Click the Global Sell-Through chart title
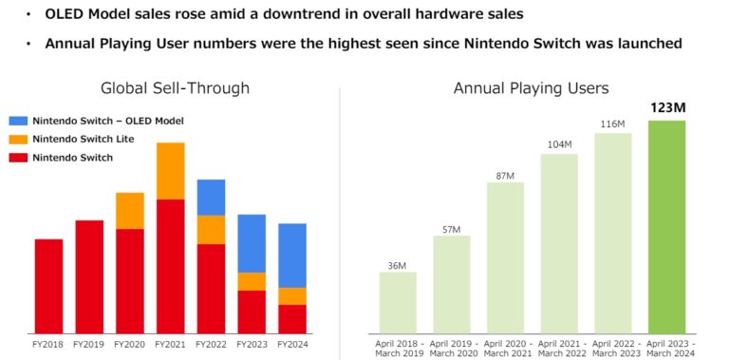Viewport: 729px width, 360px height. tap(175, 88)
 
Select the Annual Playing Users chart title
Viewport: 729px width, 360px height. tap(531, 88)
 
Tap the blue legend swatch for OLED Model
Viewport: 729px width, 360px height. tap(18, 121)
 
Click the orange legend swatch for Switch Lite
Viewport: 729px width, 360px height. tap(18, 139)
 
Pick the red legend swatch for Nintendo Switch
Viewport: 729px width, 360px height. tap(18, 157)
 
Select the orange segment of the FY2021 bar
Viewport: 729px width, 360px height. tap(170, 171)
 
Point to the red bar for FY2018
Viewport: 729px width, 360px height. tap(48, 285)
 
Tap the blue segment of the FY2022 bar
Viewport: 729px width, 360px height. tap(211, 197)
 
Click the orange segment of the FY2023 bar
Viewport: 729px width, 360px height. tap(252, 281)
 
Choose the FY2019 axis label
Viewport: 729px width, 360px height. tap(89, 344)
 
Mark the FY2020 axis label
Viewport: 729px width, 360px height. tap(130, 344)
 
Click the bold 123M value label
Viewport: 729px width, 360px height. tap(666, 108)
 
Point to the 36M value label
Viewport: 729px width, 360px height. tap(398, 264)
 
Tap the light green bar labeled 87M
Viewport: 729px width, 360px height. tap(505, 256)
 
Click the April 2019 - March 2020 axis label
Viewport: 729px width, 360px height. tap(451, 348)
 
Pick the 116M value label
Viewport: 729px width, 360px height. tap(612, 123)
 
